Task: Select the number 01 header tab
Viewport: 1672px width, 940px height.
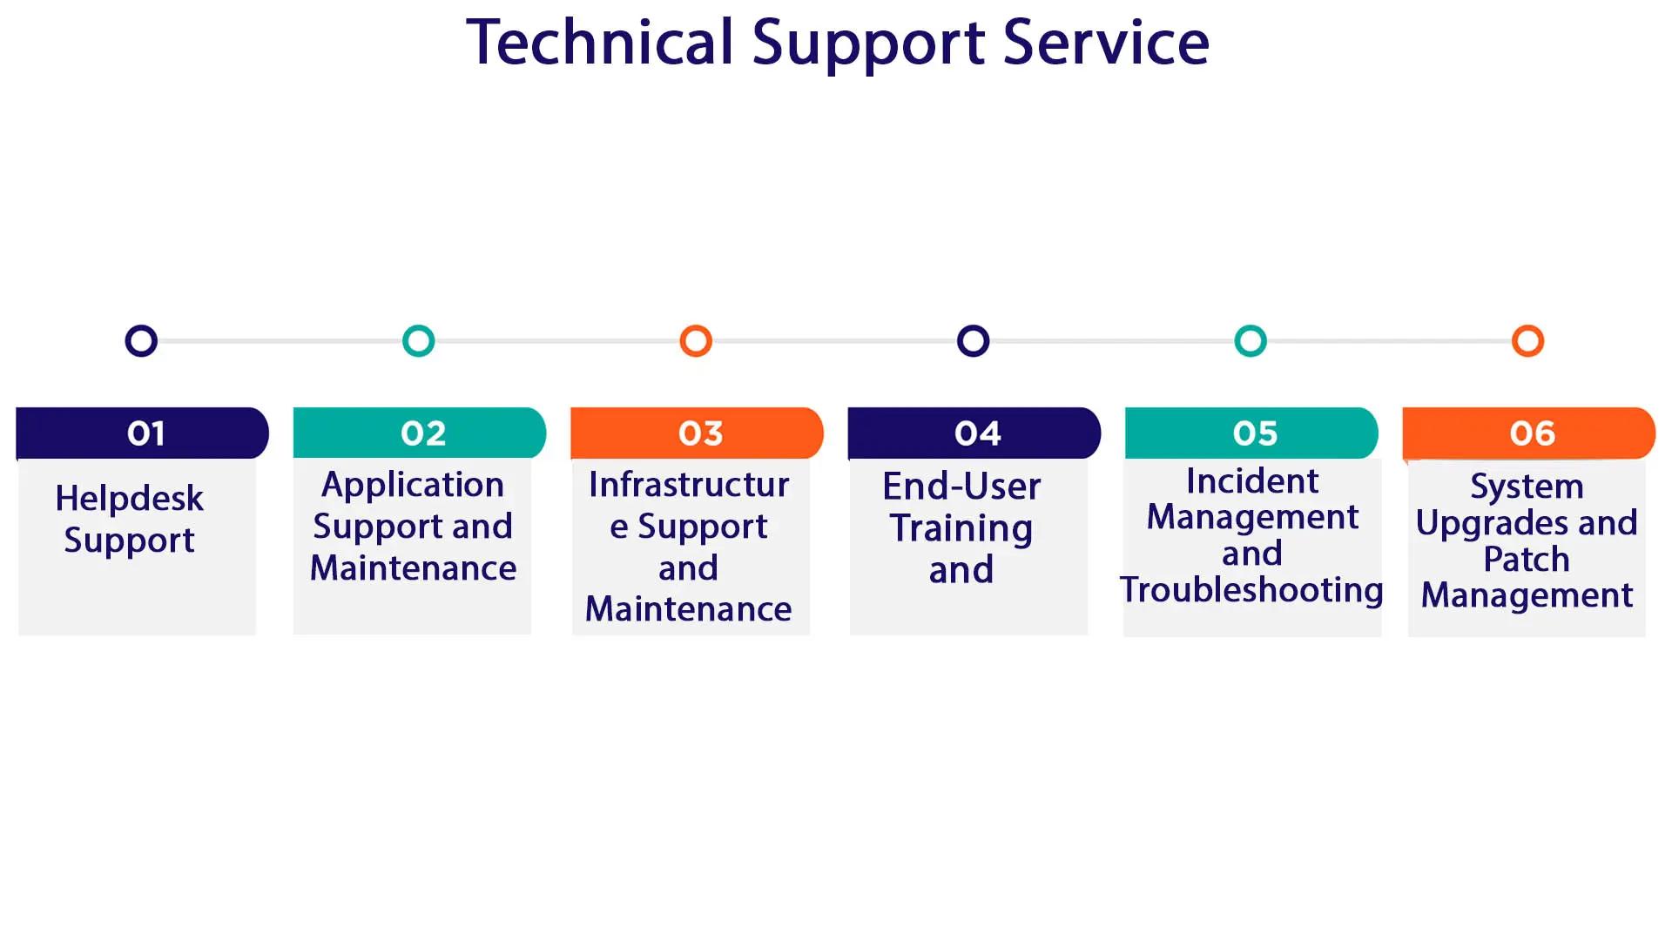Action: pyautogui.click(x=143, y=433)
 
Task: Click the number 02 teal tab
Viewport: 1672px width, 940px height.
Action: pyautogui.click(x=420, y=433)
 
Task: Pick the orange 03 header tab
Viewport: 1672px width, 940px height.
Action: pyautogui.click(x=698, y=433)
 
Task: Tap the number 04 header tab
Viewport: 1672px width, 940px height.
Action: pyautogui.click(x=974, y=433)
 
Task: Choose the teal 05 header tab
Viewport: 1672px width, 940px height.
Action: pyautogui.click(x=1251, y=433)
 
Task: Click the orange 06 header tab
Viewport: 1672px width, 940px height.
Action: pyautogui.click(x=1529, y=433)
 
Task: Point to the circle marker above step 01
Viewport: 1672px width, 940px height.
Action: pyautogui.click(x=141, y=341)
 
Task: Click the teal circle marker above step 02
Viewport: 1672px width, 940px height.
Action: pyautogui.click(x=419, y=341)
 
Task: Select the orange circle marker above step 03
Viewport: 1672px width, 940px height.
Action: pyautogui.click(x=696, y=341)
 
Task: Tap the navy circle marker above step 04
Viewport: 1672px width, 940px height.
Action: pyautogui.click(x=973, y=341)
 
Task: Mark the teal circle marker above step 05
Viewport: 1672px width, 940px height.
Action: pyautogui.click(x=1251, y=341)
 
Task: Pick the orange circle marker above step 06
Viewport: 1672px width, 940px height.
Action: pyautogui.click(x=1527, y=341)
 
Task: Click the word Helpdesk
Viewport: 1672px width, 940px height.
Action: pyautogui.click(x=129, y=499)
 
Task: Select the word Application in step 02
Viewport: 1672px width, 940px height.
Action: pyautogui.click(x=413, y=485)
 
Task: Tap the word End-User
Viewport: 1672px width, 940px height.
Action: pyautogui.click(x=961, y=487)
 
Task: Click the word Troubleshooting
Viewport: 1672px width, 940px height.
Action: pyautogui.click(x=1251, y=590)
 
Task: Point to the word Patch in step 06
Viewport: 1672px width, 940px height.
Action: pyautogui.click(x=1527, y=559)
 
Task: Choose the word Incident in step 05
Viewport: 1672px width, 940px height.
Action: pyautogui.click(x=1252, y=481)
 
